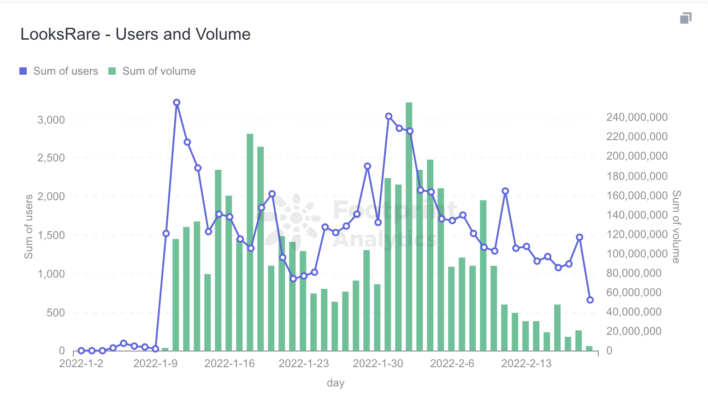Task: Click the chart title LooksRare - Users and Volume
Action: coord(136,34)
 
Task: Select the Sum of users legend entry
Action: coord(59,71)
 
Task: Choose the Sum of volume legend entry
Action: coord(152,71)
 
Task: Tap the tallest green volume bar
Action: coord(409,226)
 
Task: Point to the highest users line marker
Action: coord(177,102)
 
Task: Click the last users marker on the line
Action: coord(590,300)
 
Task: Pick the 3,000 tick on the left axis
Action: coord(51,120)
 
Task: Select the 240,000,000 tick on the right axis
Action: coord(637,117)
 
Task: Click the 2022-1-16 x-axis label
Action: coord(230,363)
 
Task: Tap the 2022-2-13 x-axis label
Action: coord(526,363)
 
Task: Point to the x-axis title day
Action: coord(336,383)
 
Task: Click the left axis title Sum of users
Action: coord(29,226)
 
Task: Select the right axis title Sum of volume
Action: coord(676,226)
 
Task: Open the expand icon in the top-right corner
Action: coord(685,18)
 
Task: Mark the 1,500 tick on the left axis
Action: coord(51,235)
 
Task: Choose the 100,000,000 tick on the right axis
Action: coord(637,254)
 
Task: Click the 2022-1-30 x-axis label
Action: coord(378,363)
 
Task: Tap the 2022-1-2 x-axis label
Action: coord(81,363)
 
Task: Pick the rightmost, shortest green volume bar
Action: coord(589,348)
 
